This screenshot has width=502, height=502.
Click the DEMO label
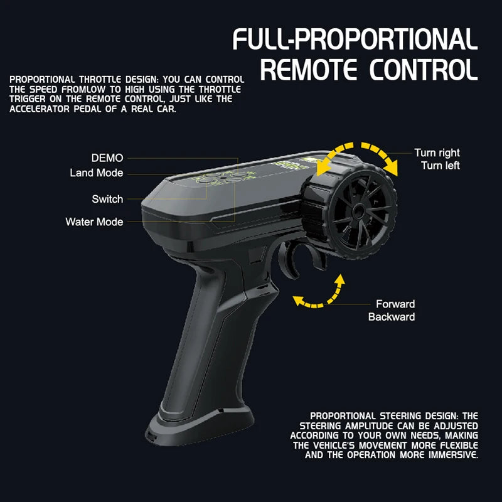coord(107,158)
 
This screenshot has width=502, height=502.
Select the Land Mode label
coord(97,173)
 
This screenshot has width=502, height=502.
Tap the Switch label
coord(107,199)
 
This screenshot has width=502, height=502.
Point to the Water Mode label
coord(94,222)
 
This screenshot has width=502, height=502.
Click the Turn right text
coord(437,152)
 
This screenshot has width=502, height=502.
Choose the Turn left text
coord(441,166)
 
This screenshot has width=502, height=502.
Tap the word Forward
coord(395,304)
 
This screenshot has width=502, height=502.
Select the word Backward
coord(392,317)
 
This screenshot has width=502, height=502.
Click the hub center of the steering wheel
coord(359,211)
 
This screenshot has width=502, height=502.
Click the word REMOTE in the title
coord(308,70)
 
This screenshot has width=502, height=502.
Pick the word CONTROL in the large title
coord(424,70)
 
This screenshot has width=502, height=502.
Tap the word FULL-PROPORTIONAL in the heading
coord(355,39)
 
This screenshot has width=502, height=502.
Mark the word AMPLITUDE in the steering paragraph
coord(369,426)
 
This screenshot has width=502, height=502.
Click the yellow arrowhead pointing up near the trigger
coord(340,279)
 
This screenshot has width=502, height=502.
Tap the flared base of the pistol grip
coord(200,425)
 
